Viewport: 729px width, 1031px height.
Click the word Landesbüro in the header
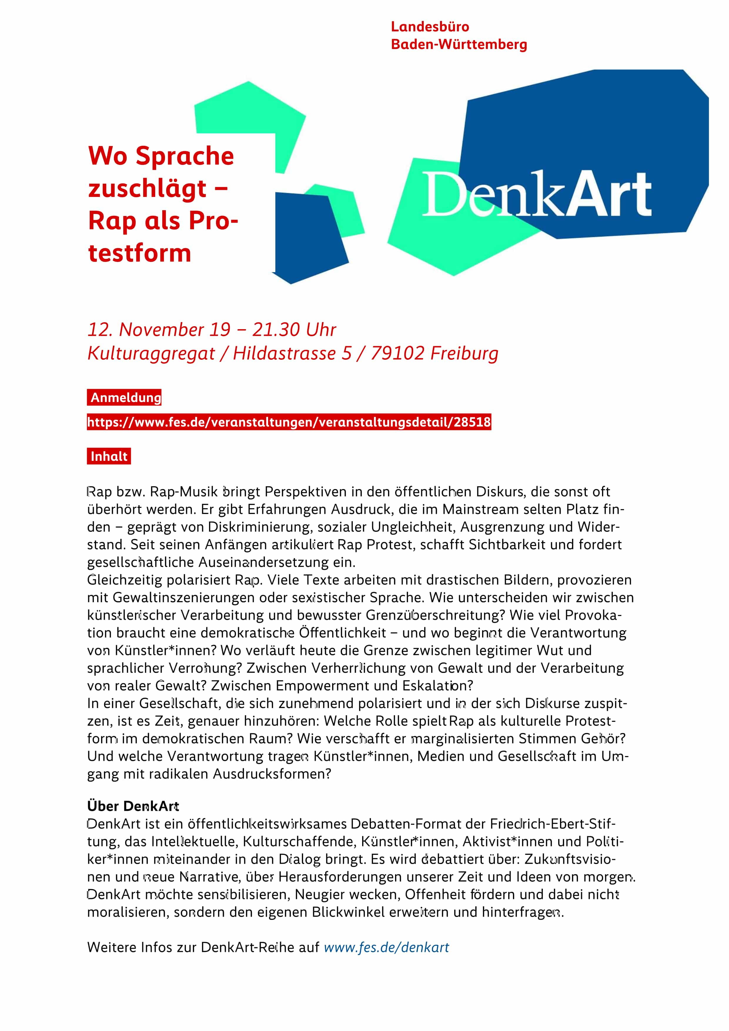[429, 27]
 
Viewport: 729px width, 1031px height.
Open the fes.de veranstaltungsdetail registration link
[289, 422]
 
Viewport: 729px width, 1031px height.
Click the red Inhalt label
[109, 456]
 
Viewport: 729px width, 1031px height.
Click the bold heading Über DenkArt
[133, 806]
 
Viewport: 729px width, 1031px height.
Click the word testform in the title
[140, 253]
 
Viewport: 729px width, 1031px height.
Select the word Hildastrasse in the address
[284, 353]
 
